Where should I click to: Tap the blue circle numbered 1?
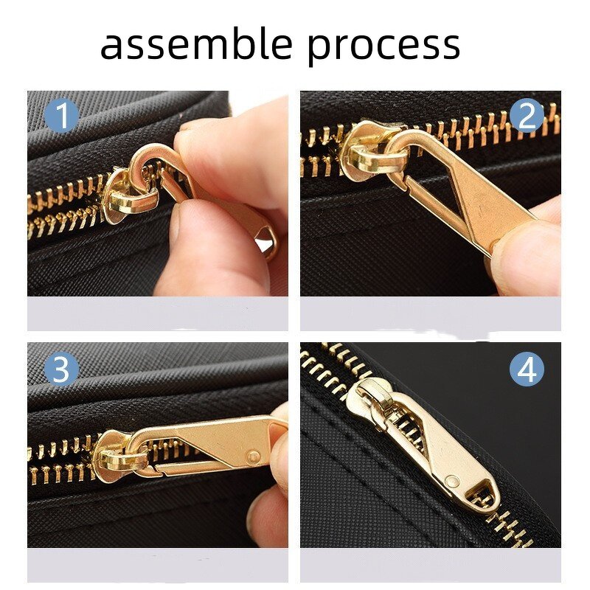(x=62, y=117)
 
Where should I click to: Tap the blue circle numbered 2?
(x=527, y=117)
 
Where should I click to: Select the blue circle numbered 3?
(x=62, y=369)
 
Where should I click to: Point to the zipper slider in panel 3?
(x=118, y=451)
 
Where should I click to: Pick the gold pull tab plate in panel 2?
(x=479, y=199)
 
